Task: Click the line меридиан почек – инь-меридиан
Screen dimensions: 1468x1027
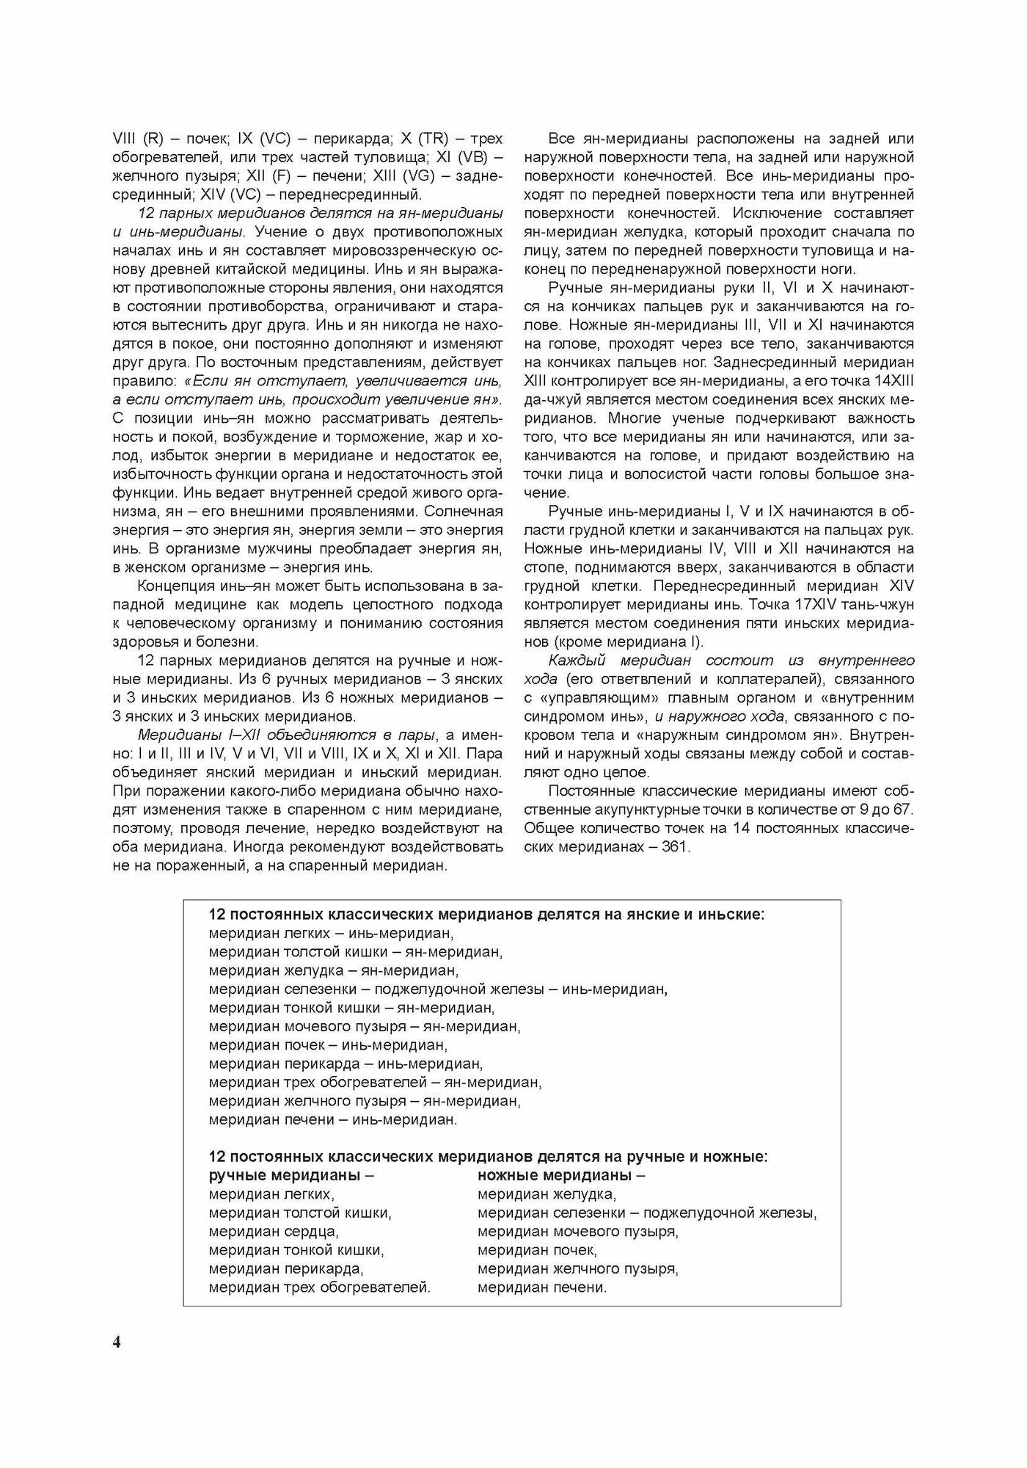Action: pos(328,1044)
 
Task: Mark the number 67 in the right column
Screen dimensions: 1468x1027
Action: pos(904,809)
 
